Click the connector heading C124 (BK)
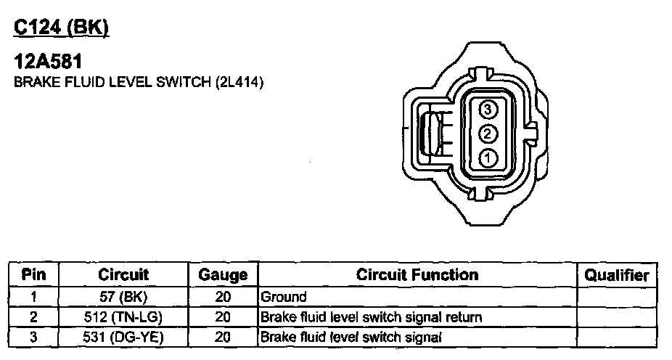pos(61,28)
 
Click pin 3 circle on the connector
pos(488,110)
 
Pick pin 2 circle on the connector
pos(488,133)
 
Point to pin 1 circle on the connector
pos(488,156)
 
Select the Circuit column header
pos(123,274)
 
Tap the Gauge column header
pos(223,275)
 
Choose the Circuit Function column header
pos(417,274)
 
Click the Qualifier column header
pos(616,275)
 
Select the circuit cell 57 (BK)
pos(123,297)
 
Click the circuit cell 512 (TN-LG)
pos(123,317)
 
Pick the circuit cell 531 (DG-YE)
pos(123,337)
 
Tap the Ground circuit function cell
pos(284,297)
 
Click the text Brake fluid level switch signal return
pos(371,317)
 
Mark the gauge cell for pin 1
pos(223,297)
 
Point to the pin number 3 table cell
pos(33,337)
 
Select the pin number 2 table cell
pos(33,317)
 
